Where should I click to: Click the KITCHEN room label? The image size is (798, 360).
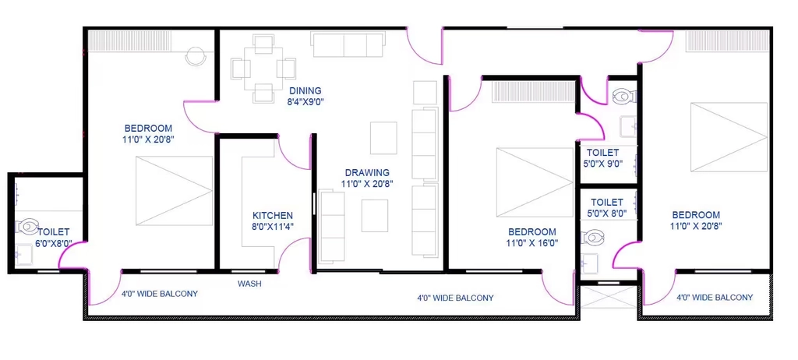(273, 215)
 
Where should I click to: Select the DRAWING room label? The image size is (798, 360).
(367, 173)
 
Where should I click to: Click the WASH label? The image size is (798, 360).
(249, 284)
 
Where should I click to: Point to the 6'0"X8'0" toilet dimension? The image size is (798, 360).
(53, 243)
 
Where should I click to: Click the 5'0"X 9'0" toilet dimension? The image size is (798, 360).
(602, 164)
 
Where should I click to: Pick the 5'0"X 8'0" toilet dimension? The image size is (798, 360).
(607, 214)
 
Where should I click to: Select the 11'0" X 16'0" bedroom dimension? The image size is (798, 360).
(532, 243)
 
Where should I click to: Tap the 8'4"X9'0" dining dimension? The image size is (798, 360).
(305, 101)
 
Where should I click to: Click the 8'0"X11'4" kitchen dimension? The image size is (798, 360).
(273, 227)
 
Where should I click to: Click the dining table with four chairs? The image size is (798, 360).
(263, 69)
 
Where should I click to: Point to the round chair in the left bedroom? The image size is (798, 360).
(196, 56)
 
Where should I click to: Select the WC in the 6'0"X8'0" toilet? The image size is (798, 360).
(27, 226)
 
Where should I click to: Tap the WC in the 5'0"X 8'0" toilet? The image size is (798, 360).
(593, 237)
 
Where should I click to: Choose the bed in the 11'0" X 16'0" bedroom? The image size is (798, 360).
(535, 182)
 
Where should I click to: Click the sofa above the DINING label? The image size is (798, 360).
(348, 44)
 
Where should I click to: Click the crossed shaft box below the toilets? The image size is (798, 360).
(609, 296)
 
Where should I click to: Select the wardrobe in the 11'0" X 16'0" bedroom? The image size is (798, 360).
(533, 92)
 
